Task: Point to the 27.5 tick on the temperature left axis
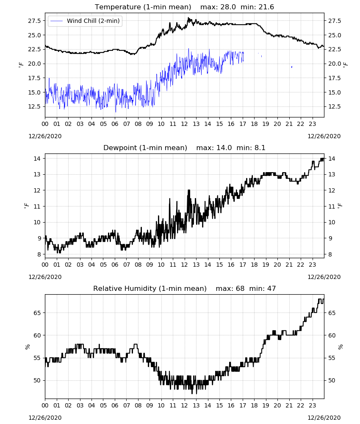35,21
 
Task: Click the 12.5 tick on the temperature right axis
335,106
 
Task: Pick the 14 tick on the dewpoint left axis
37,159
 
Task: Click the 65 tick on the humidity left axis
37,313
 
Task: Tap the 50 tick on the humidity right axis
332,380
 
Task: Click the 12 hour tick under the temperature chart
185,124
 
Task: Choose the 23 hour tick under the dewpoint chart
312,265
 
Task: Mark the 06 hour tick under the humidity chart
115,405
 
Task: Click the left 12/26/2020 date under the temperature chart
45,136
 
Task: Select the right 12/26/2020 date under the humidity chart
324,418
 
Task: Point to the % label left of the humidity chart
27,347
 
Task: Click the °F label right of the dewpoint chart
340,206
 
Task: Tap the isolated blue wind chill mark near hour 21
292,67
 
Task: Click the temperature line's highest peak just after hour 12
188,18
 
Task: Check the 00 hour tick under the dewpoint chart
45,265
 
